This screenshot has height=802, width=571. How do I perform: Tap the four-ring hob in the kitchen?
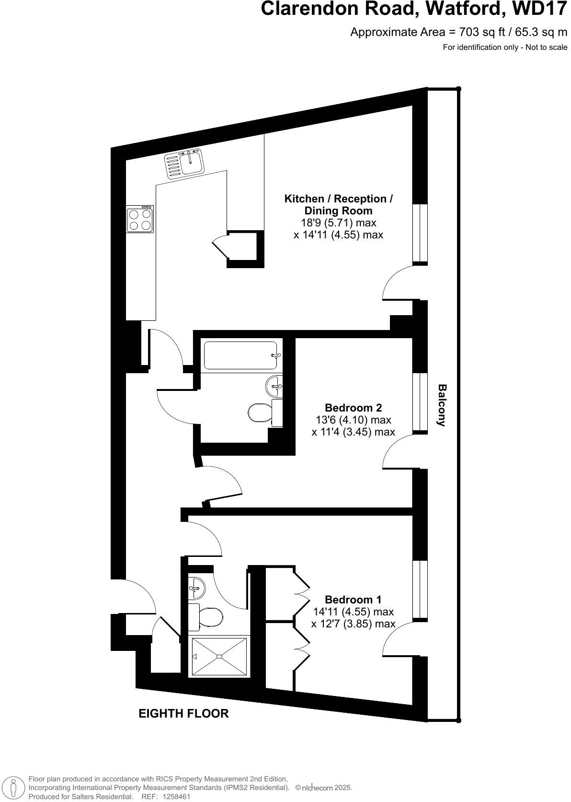point(140,220)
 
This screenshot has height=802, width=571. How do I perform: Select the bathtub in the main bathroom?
point(240,355)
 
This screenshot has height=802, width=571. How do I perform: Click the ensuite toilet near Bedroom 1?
point(210,617)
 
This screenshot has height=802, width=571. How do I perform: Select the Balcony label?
point(442,405)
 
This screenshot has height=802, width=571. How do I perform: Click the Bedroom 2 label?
point(353,408)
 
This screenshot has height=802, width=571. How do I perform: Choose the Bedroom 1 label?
point(353,600)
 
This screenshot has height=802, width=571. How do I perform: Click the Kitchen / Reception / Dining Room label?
point(338,205)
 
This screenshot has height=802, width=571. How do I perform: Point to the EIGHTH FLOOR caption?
point(183,713)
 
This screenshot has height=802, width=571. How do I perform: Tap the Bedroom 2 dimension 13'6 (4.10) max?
point(353,420)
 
